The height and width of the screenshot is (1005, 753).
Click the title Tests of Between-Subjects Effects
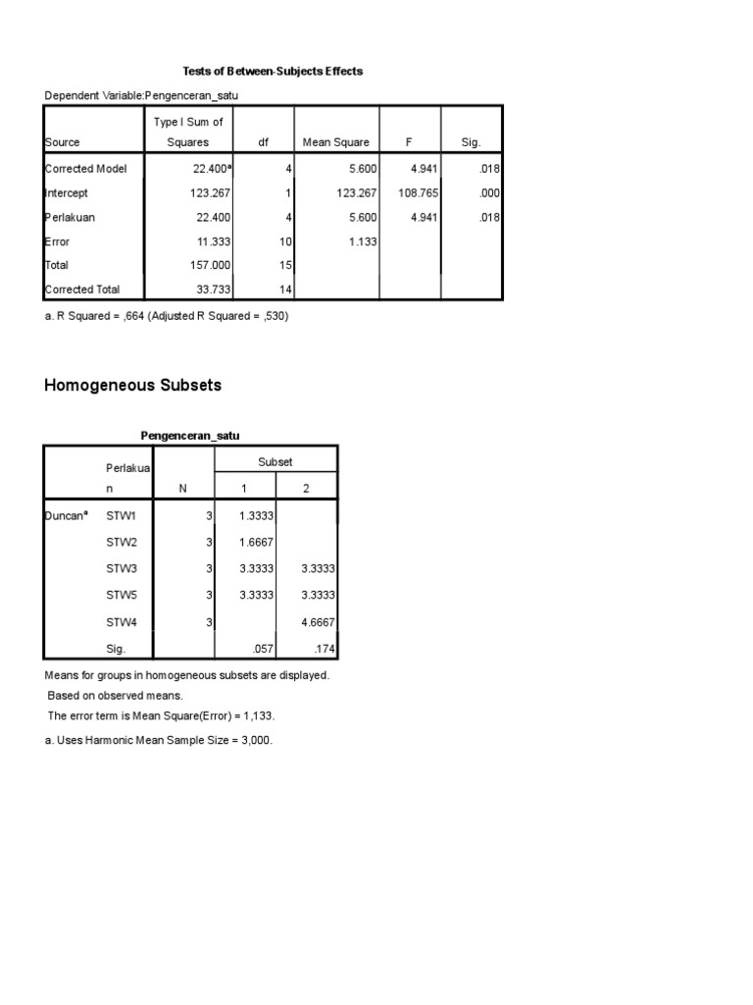click(x=274, y=72)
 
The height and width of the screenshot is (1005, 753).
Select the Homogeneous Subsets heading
click(x=133, y=386)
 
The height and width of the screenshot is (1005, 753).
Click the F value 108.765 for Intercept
click(x=413, y=193)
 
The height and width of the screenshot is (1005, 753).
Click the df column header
click(x=263, y=142)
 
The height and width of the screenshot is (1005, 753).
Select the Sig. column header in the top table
click(x=472, y=142)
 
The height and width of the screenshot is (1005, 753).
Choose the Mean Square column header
click(x=336, y=142)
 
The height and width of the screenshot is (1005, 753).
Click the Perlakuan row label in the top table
click(x=71, y=218)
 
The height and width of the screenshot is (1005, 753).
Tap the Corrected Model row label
click(x=86, y=169)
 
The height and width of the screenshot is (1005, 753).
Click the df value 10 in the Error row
click(x=285, y=241)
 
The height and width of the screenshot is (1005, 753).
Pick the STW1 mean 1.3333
click(x=257, y=514)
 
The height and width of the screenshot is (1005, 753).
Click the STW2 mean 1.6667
click(x=257, y=541)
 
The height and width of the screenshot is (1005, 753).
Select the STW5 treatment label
click(x=122, y=595)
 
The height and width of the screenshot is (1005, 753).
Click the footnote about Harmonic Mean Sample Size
click(x=159, y=740)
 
